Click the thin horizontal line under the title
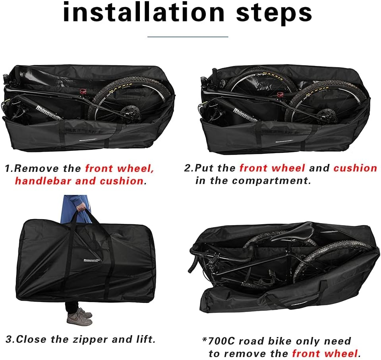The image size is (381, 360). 188,37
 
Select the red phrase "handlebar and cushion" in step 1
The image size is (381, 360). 79,181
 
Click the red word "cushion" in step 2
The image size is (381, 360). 355,168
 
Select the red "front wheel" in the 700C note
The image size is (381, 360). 325,353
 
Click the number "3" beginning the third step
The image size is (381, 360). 8,340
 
